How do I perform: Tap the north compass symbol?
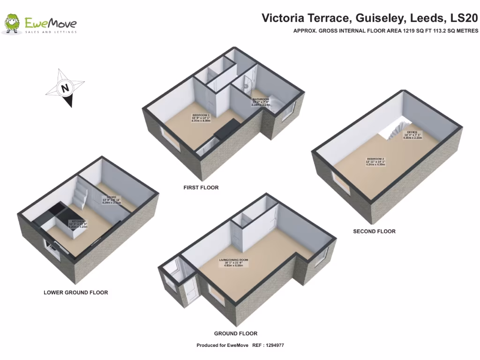pyautogui.click(x=65, y=88)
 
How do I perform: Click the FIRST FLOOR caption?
pyautogui.click(x=201, y=187)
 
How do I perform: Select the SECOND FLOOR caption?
pyautogui.click(x=374, y=231)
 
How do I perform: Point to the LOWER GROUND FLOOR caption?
pyautogui.click(x=76, y=292)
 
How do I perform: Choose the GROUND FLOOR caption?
pyautogui.click(x=236, y=334)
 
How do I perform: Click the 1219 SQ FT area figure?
pyautogui.click(x=411, y=31)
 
